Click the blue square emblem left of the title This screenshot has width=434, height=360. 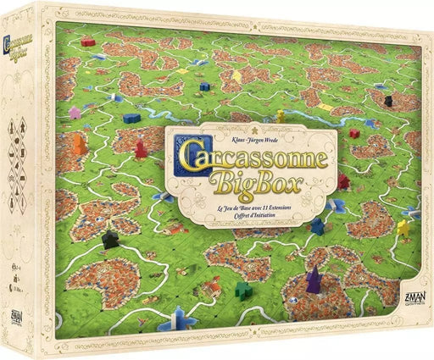182,152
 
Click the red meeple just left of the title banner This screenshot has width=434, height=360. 142,150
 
